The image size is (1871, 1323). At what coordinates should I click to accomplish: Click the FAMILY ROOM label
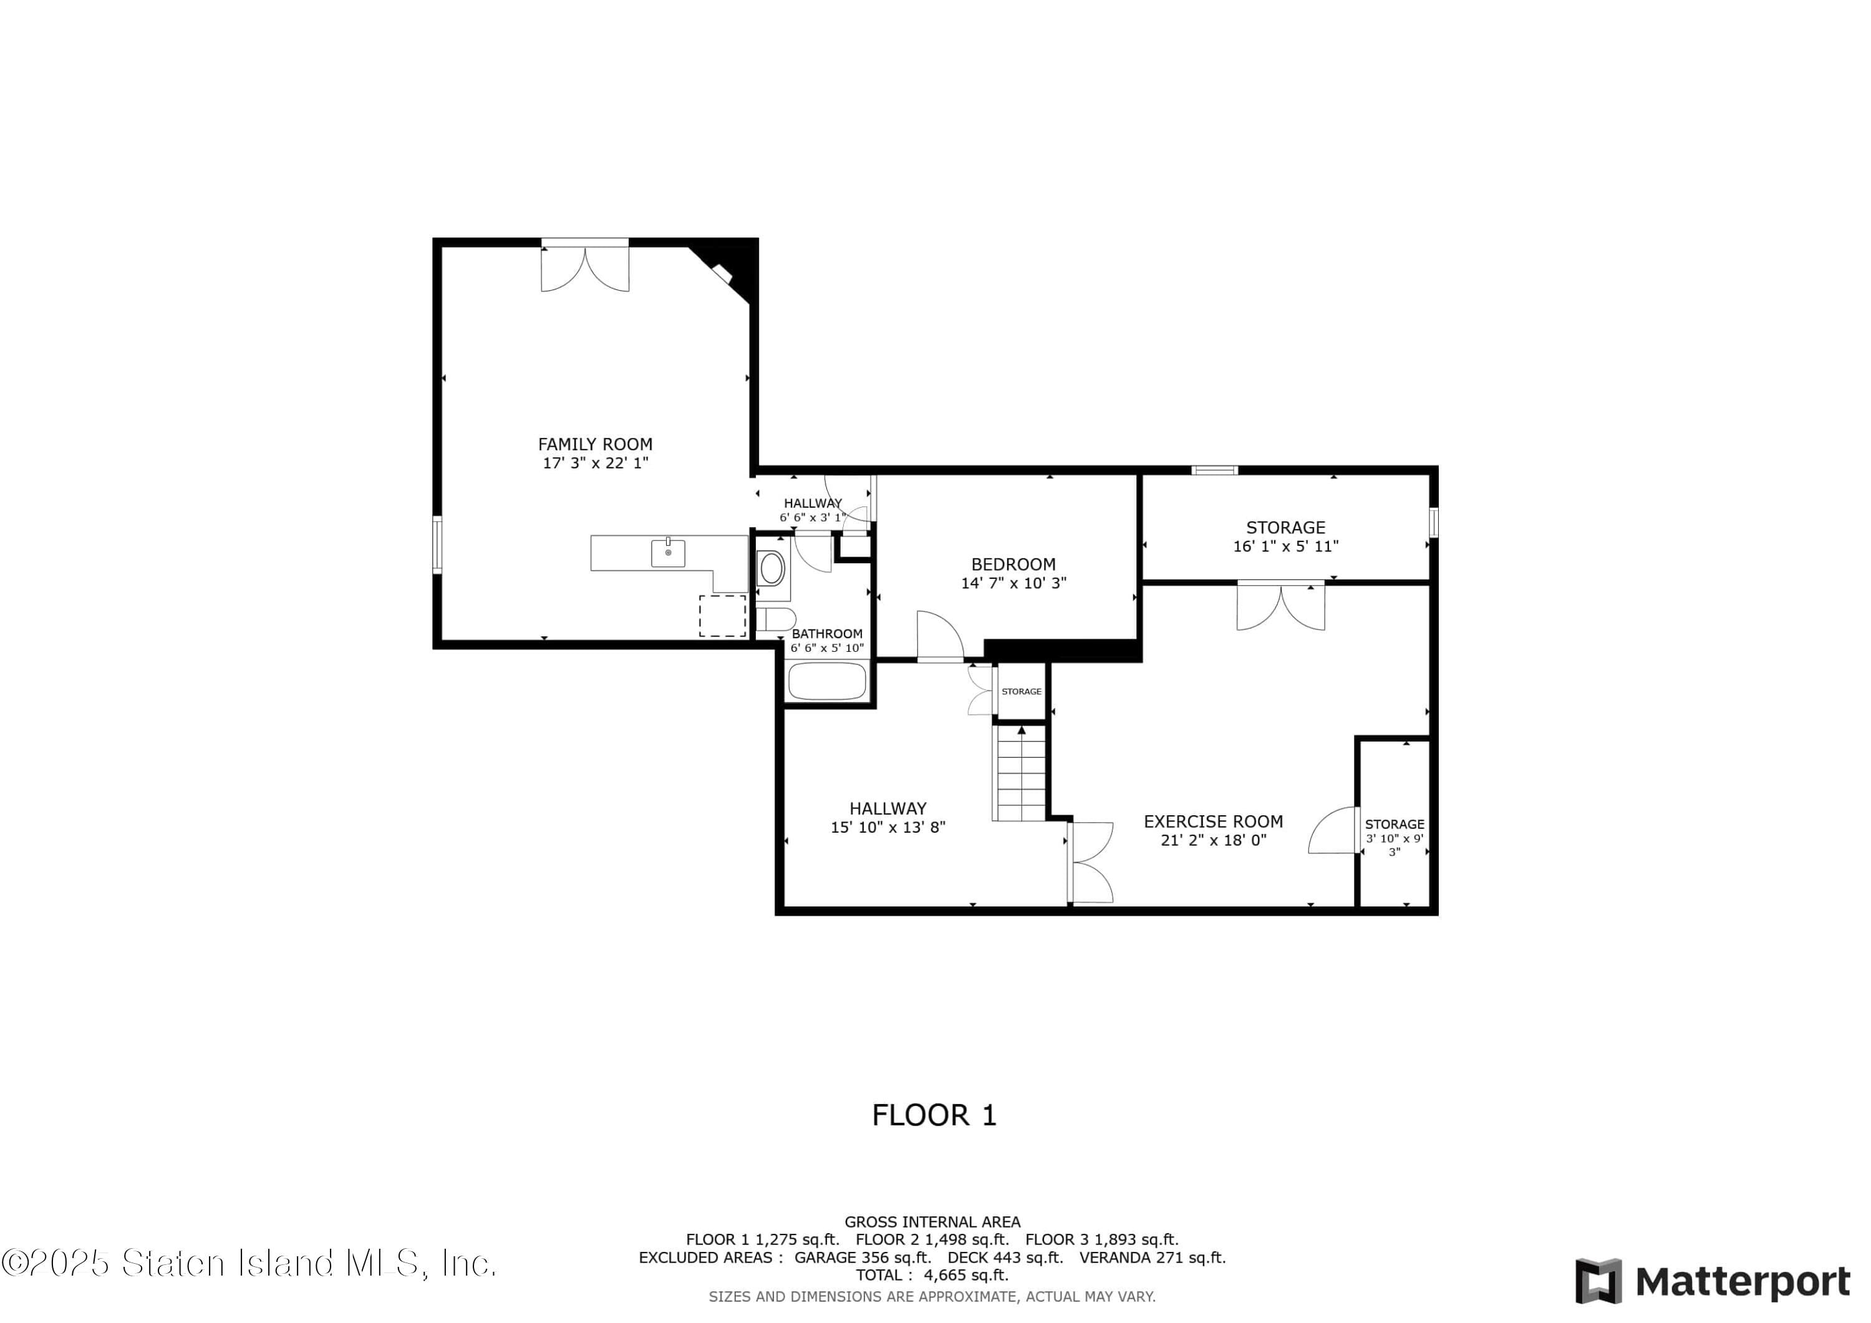tap(595, 444)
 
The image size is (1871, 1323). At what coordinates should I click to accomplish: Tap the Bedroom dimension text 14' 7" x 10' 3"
tap(1013, 583)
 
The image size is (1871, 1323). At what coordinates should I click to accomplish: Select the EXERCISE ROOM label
tap(1214, 821)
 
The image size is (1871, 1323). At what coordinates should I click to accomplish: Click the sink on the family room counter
tap(667, 553)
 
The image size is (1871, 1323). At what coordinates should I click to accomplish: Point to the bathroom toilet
tap(775, 619)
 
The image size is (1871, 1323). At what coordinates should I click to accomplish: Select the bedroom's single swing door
tap(940, 636)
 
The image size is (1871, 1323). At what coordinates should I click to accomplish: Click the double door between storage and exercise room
tap(1281, 605)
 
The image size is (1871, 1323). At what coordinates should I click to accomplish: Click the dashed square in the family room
tap(723, 616)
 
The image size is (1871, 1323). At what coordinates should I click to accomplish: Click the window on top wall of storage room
tap(1214, 470)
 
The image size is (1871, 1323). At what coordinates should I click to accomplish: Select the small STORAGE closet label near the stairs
tap(1021, 691)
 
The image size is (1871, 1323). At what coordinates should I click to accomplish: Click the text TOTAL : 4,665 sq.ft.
tap(932, 1275)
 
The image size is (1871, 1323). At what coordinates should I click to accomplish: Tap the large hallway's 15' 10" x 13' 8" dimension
tap(888, 827)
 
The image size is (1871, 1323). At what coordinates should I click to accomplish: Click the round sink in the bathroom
tap(771, 568)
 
